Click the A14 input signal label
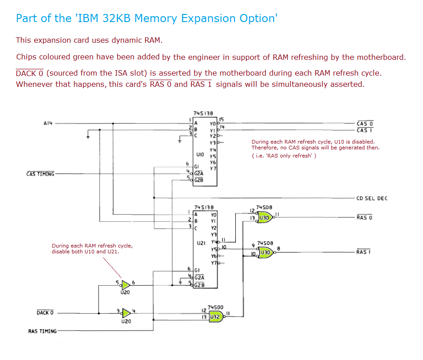click(x=49, y=122)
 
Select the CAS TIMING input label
click(x=40, y=174)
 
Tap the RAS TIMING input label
click(x=43, y=331)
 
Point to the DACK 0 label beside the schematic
click(x=45, y=313)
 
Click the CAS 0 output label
click(x=364, y=123)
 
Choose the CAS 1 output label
click(x=364, y=130)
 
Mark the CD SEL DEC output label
click(x=372, y=198)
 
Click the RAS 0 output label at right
click(x=364, y=218)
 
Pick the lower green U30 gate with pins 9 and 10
click(x=265, y=252)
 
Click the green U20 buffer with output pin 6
click(x=126, y=285)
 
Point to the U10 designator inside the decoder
click(x=201, y=154)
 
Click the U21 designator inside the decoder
click(x=201, y=243)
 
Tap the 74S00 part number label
click(x=216, y=307)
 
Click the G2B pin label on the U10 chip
click(x=198, y=180)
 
